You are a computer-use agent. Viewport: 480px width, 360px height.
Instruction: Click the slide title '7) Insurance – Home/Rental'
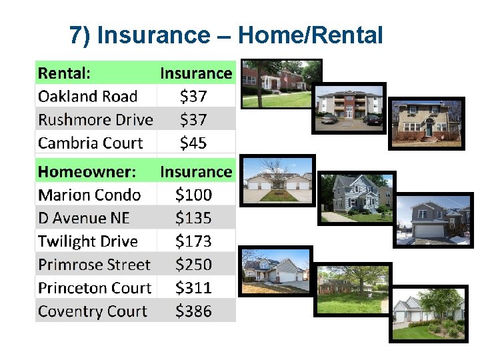[226, 35]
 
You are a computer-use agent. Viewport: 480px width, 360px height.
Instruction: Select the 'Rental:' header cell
[65, 73]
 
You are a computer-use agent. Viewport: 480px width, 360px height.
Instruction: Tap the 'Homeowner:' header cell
[87, 171]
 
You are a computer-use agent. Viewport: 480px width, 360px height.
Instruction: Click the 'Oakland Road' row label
[87, 96]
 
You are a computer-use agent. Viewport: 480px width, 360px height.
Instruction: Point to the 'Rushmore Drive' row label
[95, 119]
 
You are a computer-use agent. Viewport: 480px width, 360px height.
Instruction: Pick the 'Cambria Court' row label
[90, 143]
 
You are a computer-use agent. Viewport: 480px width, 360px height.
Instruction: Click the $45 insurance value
[193, 143]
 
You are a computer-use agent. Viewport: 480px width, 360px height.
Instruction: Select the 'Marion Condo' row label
[89, 195]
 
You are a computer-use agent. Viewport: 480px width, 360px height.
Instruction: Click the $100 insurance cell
[193, 195]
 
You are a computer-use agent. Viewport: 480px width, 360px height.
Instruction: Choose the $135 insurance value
[193, 218]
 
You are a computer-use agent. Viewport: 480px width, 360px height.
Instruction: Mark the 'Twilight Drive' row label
[88, 241]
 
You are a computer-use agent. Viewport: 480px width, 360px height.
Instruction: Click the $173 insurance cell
[193, 241]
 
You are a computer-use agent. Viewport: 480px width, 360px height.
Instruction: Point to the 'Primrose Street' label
[94, 265]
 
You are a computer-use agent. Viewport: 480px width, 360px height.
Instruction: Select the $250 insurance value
[193, 265]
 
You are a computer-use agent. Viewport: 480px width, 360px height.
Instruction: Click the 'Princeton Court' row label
[95, 288]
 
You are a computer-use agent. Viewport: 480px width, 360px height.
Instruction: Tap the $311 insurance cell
[193, 288]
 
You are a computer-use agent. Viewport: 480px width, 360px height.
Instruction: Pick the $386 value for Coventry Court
[193, 311]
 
